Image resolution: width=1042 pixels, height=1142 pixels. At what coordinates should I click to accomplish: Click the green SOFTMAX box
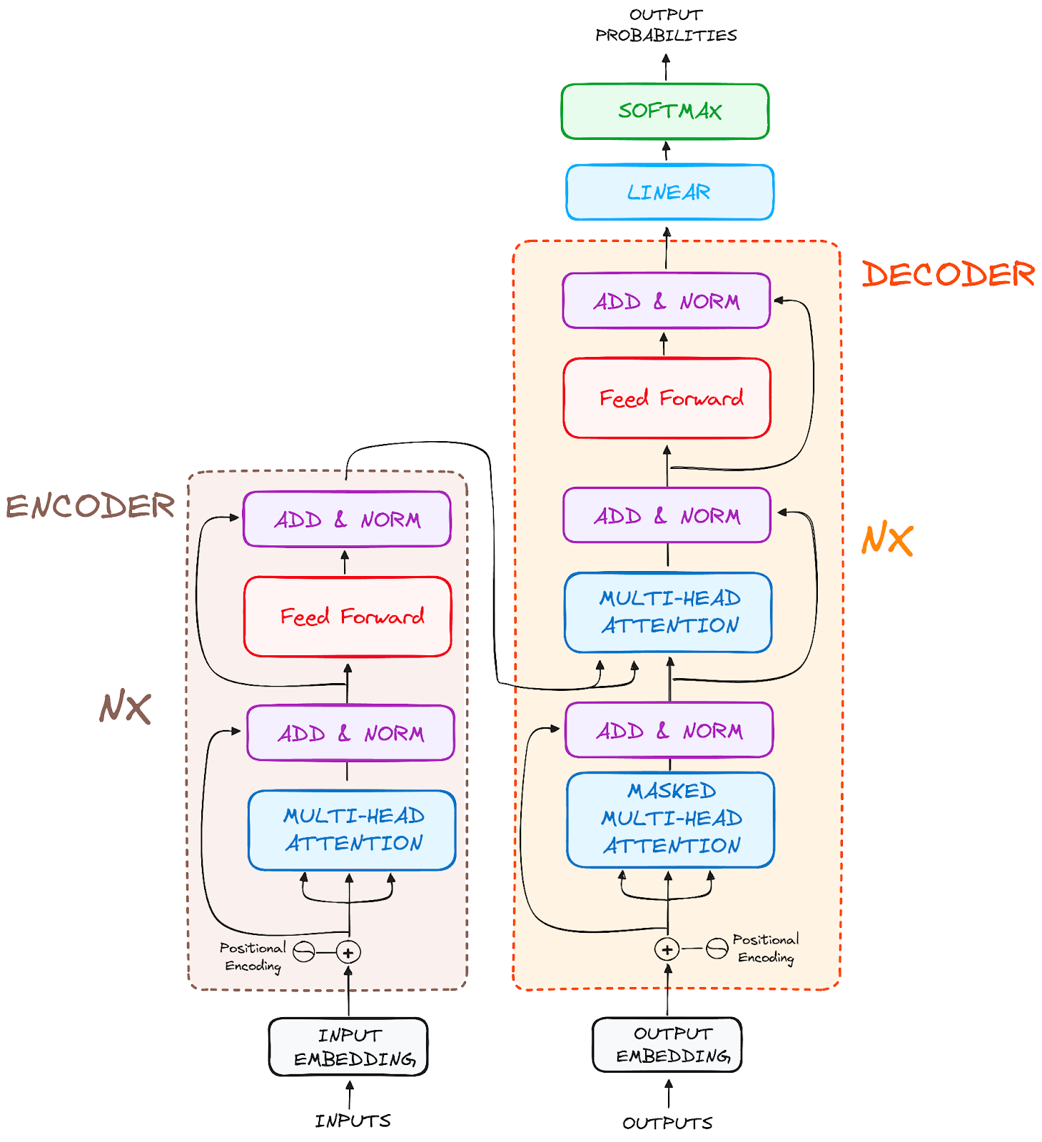coord(665,111)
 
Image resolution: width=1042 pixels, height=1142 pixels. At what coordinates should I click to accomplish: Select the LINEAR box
coord(669,192)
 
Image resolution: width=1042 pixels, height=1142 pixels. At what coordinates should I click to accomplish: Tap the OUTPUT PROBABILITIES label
coord(666,25)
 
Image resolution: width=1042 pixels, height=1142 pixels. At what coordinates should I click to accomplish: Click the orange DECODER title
coord(948,275)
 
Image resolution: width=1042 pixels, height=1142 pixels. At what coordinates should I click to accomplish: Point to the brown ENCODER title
coord(91,506)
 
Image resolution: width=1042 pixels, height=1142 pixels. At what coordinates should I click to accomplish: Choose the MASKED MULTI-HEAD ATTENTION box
coord(671,819)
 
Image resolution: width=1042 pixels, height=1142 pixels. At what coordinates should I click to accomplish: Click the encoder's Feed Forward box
coord(348,616)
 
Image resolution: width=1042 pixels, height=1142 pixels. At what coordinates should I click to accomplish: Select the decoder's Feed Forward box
coord(667,398)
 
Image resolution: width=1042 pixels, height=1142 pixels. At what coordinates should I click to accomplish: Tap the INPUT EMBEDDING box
coord(348,1046)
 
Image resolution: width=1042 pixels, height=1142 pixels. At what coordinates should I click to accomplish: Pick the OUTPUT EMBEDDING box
coord(667,1045)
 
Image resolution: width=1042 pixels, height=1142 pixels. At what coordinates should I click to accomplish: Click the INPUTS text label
coord(353,1121)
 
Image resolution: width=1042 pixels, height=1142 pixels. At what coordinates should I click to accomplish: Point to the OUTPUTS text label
coord(667,1123)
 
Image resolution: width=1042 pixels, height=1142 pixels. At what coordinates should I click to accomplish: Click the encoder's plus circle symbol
coord(348,952)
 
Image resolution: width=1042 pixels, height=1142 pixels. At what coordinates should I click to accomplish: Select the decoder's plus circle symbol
coord(667,949)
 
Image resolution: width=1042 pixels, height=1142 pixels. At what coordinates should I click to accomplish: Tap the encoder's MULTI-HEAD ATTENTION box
coord(352,830)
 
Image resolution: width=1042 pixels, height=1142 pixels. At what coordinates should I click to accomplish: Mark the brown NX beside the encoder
coord(125,708)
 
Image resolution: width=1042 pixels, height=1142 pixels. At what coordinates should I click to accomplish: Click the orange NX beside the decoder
coord(887,540)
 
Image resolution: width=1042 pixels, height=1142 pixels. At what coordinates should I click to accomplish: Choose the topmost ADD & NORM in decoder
coord(666,300)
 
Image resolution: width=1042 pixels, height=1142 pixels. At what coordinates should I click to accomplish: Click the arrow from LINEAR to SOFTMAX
coord(667,151)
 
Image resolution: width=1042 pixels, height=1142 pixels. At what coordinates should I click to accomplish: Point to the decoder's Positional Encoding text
coord(766,949)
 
